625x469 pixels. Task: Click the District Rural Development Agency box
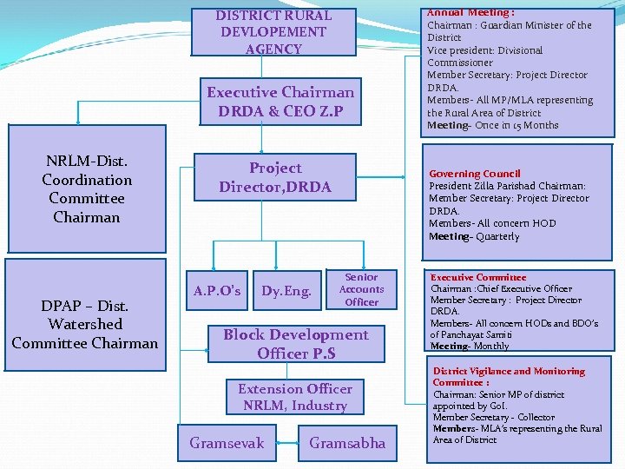273,32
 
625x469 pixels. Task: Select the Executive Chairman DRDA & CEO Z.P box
280,102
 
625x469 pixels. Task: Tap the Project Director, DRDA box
274,177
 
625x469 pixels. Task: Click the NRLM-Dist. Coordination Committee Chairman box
87,189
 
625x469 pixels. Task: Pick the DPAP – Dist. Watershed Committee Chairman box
85,324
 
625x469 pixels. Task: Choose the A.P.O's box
217,290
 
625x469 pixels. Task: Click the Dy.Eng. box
286,290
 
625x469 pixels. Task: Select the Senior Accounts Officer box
361,289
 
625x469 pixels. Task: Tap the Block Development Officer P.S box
295,344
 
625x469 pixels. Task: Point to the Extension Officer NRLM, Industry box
295,397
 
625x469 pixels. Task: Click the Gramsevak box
227,443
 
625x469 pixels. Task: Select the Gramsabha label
347,443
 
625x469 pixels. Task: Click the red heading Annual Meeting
470,13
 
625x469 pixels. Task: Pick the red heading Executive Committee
478,277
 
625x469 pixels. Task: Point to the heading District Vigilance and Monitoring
509,371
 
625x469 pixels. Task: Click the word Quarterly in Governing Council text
497,236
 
